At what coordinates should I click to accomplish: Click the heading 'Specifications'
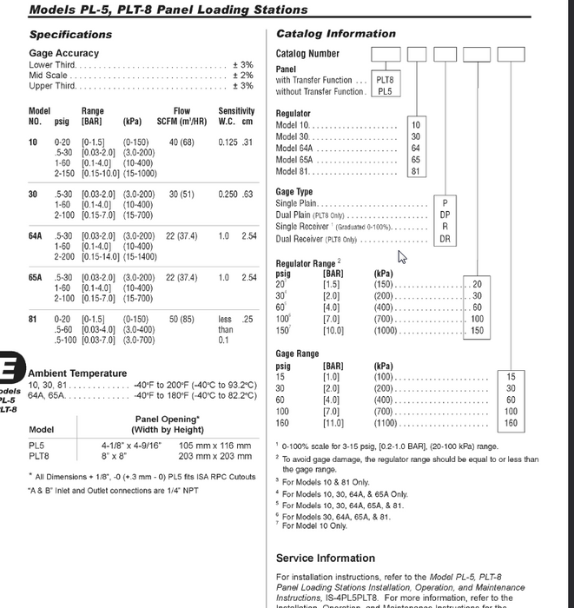coord(70,35)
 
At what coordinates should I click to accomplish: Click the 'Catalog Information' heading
coord(335,34)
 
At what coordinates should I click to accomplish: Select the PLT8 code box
coord(385,80)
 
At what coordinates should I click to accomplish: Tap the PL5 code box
coord(385,91)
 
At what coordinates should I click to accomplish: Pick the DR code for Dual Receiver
coord(445,239)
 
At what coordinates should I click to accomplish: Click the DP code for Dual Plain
coord(445,215)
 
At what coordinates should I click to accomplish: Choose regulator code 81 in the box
coord(415,172)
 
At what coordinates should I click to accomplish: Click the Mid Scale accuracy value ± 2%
coord(242,76)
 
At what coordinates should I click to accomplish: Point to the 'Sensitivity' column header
coord(236,111)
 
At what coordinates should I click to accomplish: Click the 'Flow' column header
coord(181,111)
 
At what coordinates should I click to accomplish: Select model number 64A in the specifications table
coord(36,235)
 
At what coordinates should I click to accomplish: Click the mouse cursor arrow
coord(402,256)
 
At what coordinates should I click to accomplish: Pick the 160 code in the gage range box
coord(511,423)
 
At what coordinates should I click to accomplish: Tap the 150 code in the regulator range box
coord(477,331)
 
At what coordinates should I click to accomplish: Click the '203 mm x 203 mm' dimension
coord(214,455)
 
